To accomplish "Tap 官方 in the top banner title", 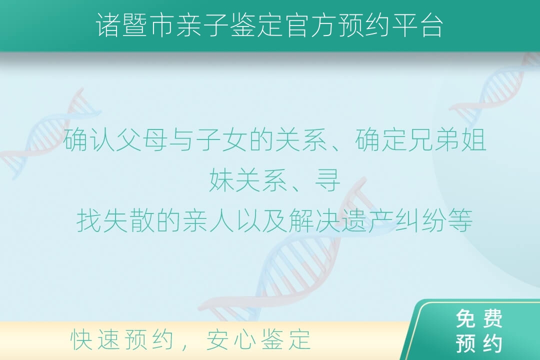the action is point(311,25).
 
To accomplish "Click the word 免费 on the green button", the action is point(479,318).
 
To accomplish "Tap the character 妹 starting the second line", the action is point(221,180).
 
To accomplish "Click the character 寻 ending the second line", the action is point(327,180).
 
